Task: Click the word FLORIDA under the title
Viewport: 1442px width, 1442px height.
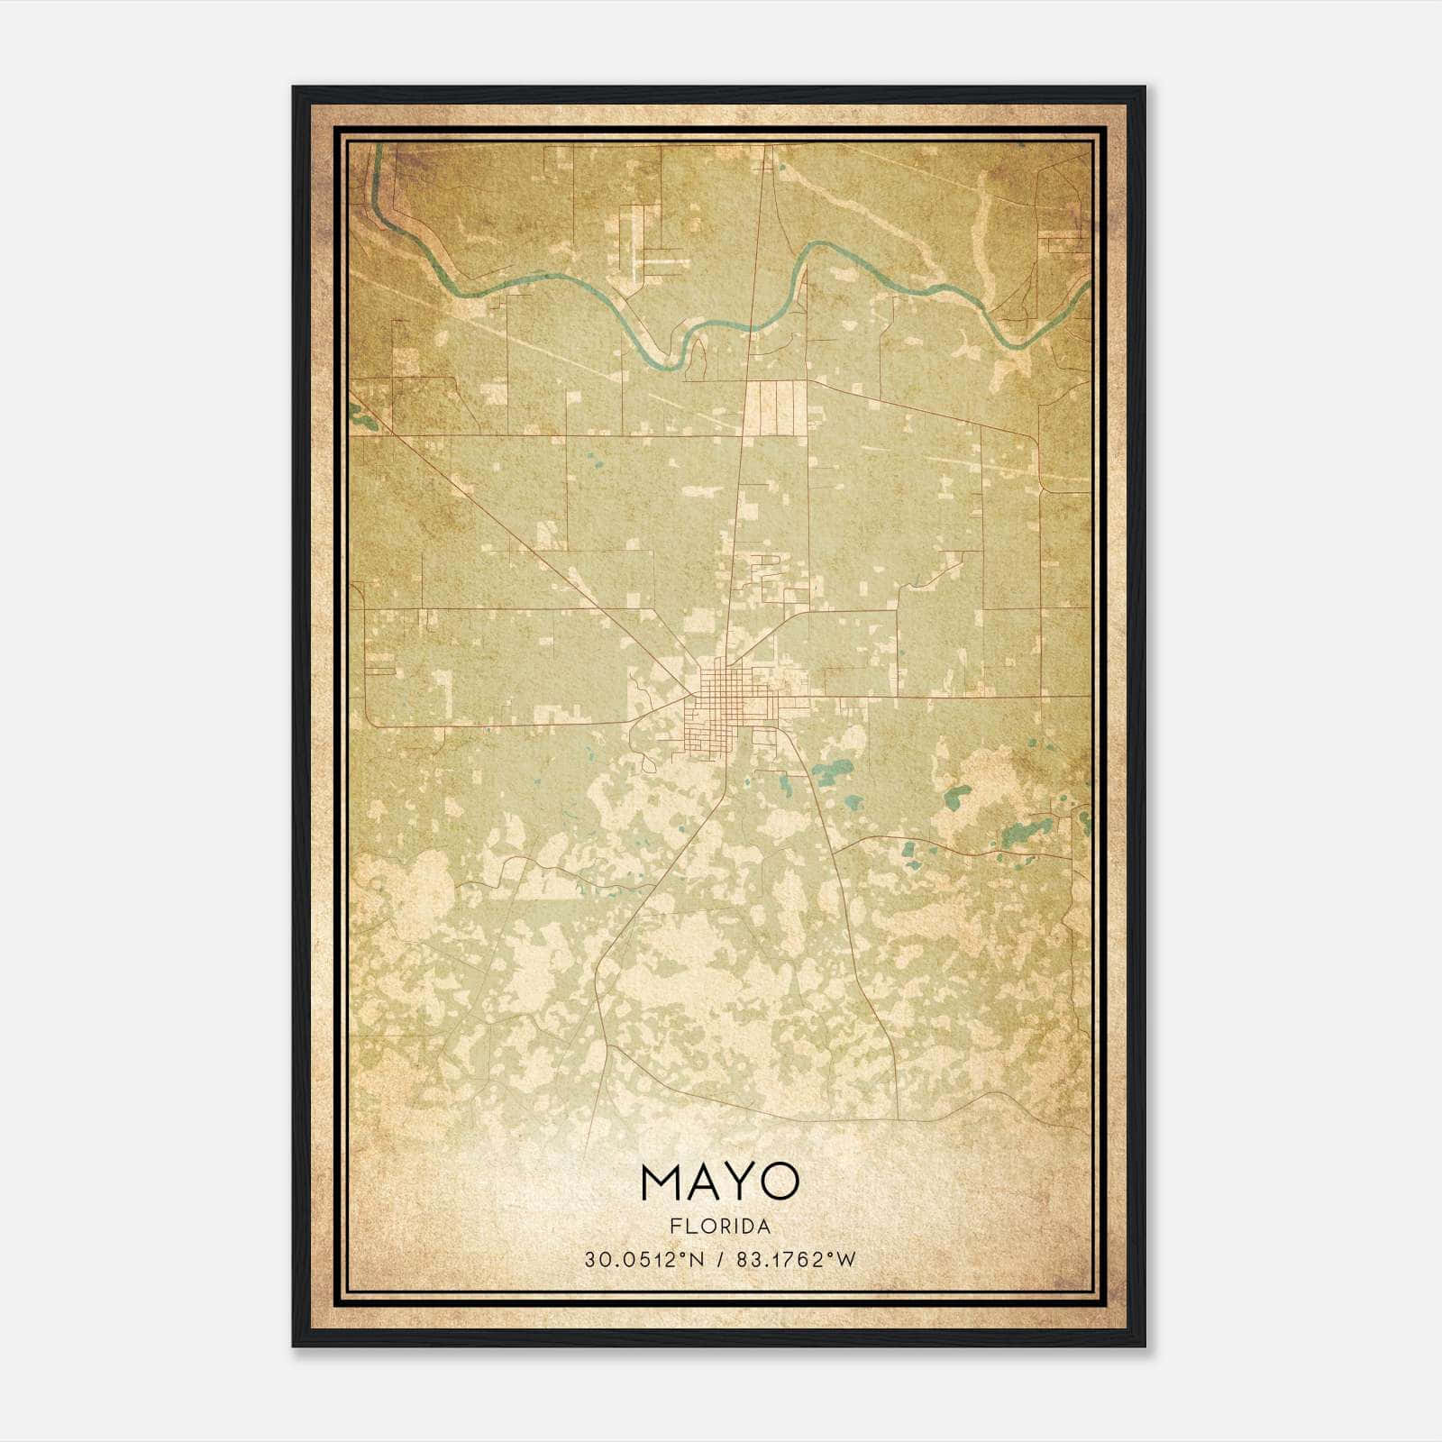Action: (720, 1226)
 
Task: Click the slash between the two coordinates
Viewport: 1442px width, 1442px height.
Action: (721, 1260)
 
